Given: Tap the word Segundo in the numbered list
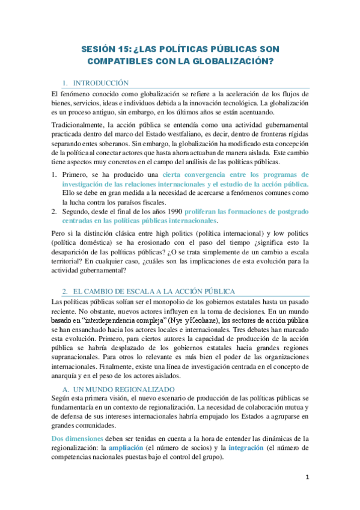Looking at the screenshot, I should tap(76, 212).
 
